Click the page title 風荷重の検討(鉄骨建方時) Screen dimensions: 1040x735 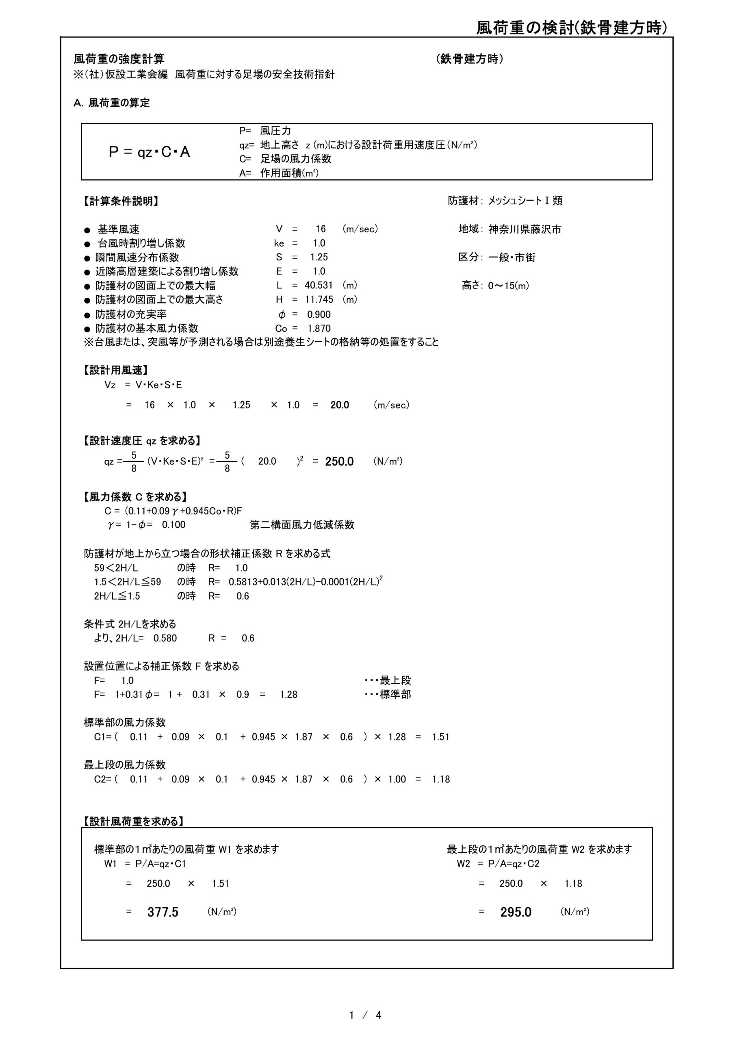pos(571,28)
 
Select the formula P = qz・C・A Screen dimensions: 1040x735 pos(149,152)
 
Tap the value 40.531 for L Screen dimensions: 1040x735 pos(319,285)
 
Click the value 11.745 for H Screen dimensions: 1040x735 pos(319,299)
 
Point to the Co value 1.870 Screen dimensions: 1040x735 pos(319,328)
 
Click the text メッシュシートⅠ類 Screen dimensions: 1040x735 pos(525,201)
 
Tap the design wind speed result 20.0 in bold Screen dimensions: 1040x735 pos(339,405)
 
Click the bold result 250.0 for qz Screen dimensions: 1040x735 pos(339,461)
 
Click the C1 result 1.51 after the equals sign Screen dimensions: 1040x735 pos(440,737)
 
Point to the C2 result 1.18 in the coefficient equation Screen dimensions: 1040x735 pos(440,779)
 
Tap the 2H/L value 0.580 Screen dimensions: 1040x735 pos(165,638)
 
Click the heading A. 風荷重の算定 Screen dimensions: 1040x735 pos(111,103)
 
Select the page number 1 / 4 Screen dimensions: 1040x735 pos(365,1015)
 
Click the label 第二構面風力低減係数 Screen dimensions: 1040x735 pos(302,525)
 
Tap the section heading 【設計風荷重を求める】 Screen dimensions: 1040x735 pos(134,821)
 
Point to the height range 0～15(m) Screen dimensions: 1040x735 pos(508,286)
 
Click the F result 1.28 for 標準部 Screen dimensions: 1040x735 pos(288,694)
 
